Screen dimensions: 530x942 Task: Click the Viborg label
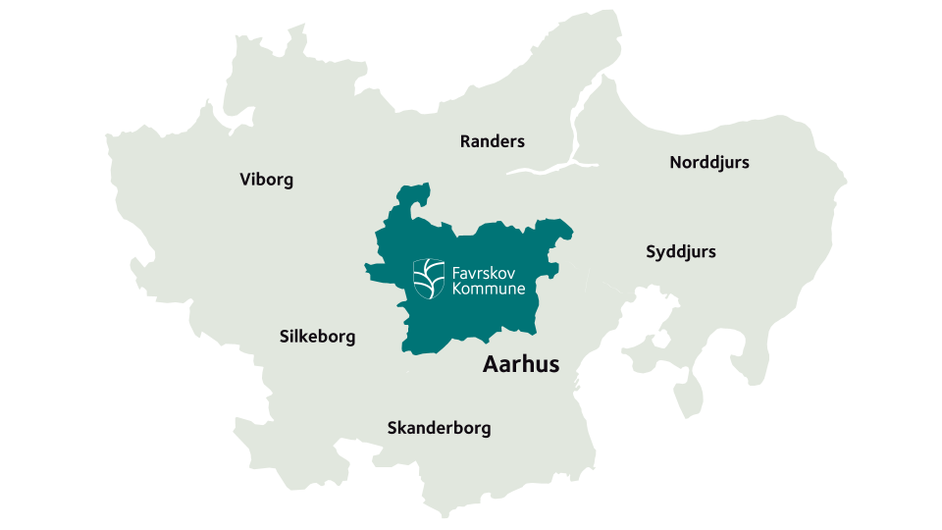coord(266,180)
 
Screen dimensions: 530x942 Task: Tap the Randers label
coord(492,141)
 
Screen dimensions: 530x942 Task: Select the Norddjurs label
coord(708,162)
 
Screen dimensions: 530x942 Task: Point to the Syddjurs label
coord(680,252)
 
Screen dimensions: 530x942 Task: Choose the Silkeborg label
coord(317,337)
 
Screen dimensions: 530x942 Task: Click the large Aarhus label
coord(521,364)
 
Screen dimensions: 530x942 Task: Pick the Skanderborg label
coord(439,428)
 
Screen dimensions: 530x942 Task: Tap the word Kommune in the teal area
coord(489,289)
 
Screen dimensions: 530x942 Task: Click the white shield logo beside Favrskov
coord(428,278)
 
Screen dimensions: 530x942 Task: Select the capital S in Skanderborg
coord(392,428)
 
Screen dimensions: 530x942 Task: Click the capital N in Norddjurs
coord(676,162)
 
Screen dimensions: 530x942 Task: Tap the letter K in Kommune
coord(457,289)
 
